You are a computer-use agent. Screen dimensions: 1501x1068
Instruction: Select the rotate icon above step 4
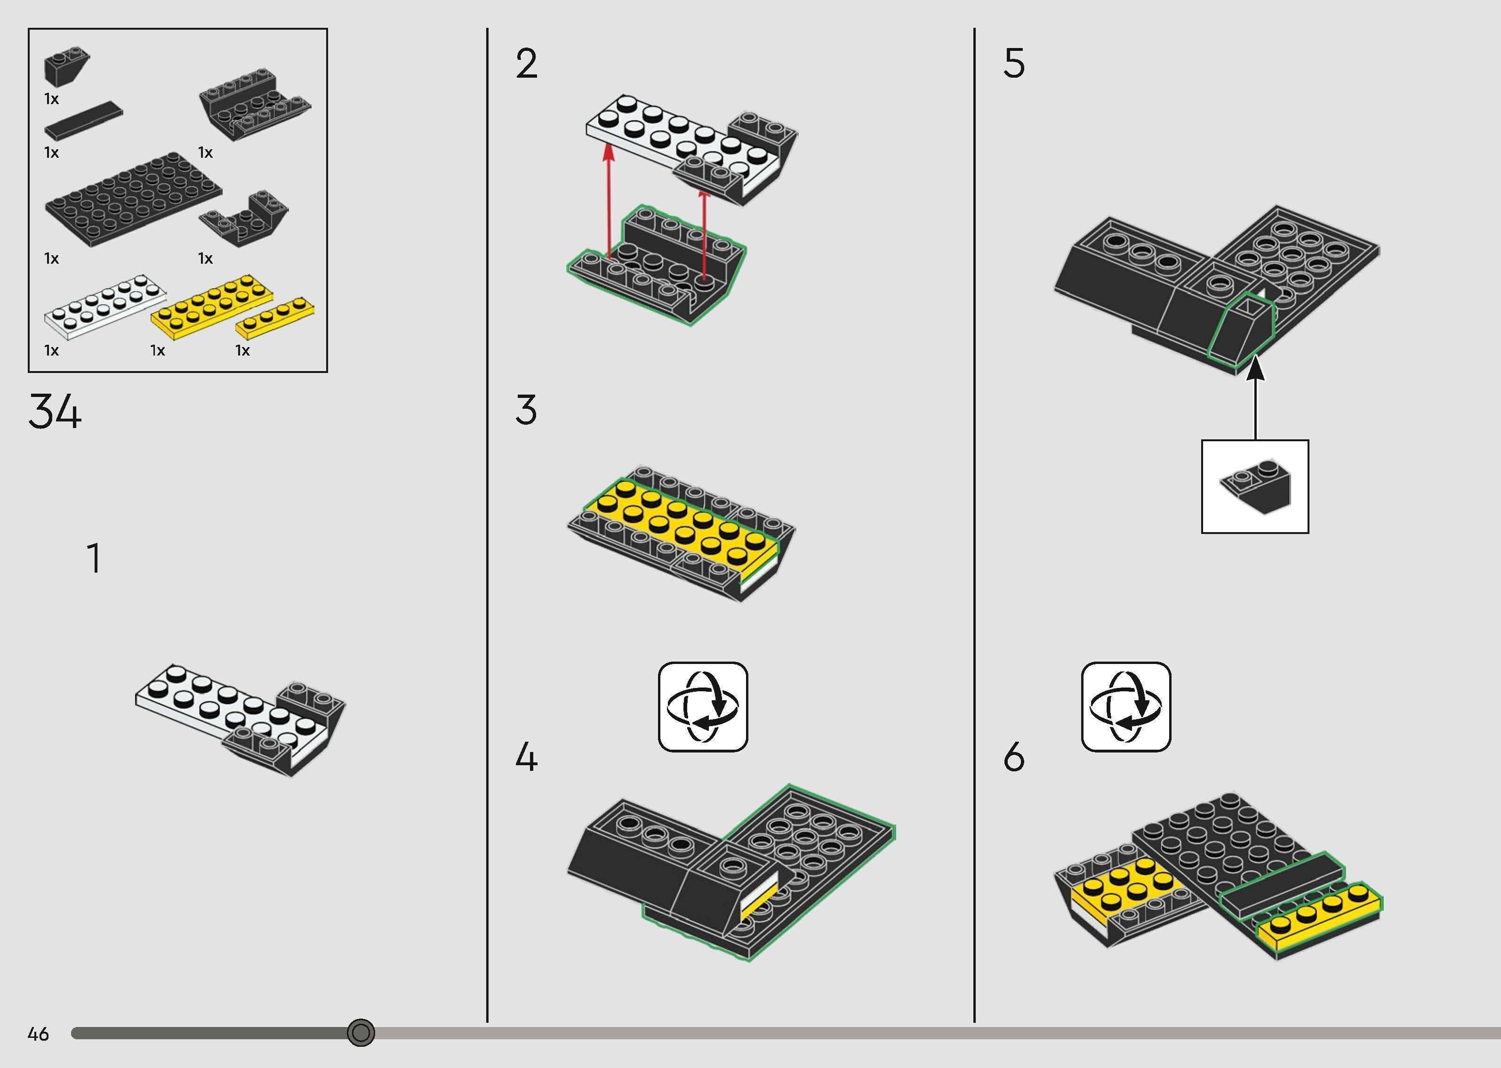coord(703,707)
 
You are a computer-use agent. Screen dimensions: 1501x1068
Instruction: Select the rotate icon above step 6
coord(1126,707)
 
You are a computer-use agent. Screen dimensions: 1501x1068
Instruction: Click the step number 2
coord(526,64)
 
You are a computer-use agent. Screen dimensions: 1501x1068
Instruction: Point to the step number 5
coord(1014,64)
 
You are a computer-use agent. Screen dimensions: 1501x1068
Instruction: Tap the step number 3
coord(526,410)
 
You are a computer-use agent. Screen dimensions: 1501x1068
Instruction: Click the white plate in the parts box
coord(105,307)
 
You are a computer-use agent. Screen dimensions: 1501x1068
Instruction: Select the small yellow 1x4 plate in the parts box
coord(275,318)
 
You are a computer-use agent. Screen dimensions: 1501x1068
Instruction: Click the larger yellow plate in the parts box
coord(212,307)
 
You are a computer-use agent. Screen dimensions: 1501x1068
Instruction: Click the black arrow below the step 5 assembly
coord(1255,397)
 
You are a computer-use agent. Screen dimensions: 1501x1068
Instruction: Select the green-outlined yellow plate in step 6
coord(1318,916)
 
